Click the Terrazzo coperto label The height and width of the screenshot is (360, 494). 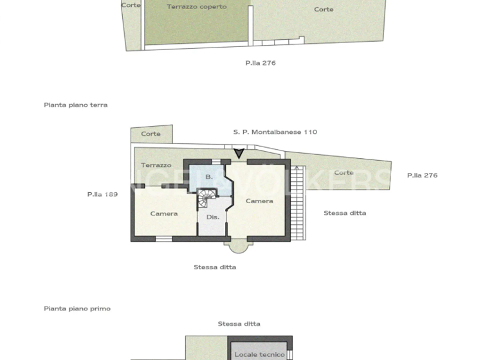coord(196,6)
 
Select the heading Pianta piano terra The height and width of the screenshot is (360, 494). coord(76,105)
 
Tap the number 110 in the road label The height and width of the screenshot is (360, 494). coord(310,132)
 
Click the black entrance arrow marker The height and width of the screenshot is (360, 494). coord(239,153)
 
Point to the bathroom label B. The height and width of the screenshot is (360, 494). coord(208,176)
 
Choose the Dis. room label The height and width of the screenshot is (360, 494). coord(213,217)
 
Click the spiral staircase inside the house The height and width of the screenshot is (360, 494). coord(206,197)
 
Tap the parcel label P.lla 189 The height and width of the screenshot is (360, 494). coord(102,194)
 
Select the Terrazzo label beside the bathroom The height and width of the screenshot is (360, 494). coord(156,165)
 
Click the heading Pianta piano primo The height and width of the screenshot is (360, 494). coord(77,309)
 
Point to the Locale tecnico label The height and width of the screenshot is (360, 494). coord(259,354)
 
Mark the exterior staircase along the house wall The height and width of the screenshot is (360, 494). coord(297,202)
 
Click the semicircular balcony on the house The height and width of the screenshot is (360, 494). coord(237,246)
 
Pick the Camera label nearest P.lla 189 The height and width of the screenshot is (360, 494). coord(164,213)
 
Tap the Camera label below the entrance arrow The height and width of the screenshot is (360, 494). coord(259,201)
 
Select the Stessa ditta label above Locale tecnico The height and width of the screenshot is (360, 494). coord(239,324)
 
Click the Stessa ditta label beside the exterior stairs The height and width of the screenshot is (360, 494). coord(345,213)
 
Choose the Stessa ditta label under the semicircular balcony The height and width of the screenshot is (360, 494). coord(215,267)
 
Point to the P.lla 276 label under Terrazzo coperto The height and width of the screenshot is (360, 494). coord(261,63)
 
